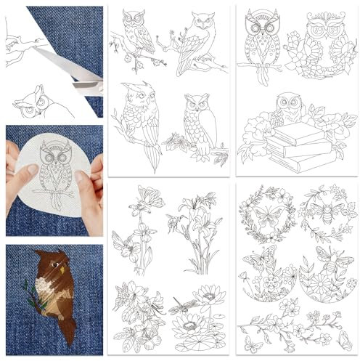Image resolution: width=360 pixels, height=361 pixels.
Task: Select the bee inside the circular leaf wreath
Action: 322,211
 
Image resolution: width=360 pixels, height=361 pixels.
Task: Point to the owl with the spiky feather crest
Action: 138,116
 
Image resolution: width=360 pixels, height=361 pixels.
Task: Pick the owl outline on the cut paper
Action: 33,102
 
